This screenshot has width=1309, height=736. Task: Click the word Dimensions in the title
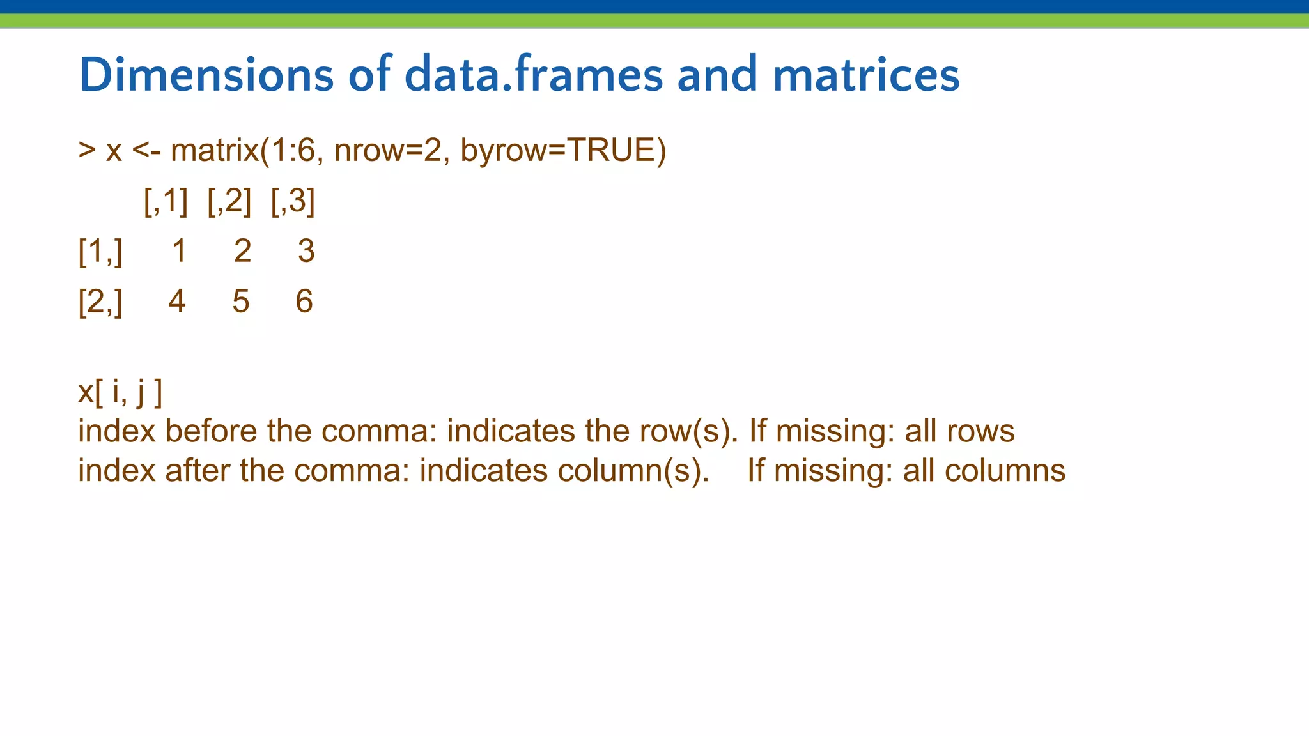(x=206, y=75)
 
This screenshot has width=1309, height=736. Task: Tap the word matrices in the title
(x=866, y=75)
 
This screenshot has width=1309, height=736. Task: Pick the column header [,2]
(x=229, y=201)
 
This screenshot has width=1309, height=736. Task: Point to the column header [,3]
(x=293, y=201)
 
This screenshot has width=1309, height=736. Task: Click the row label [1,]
(x=100, y=251)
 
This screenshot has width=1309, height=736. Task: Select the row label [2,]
(x=100, y=302)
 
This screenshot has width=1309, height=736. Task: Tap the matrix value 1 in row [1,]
(x=179, y=251)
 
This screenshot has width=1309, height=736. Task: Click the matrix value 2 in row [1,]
(x=242, y=251)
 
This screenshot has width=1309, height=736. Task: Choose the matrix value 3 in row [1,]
(x=306, y=251)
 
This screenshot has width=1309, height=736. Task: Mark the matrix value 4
(x=177, y=302)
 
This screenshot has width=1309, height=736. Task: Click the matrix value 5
(x=240, y=302)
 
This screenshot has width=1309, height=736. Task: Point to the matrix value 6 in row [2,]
(x=304, y=302)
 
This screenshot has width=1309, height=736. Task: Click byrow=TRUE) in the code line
(x=563, y=151)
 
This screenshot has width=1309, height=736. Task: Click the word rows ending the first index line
(x=980, y=432)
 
